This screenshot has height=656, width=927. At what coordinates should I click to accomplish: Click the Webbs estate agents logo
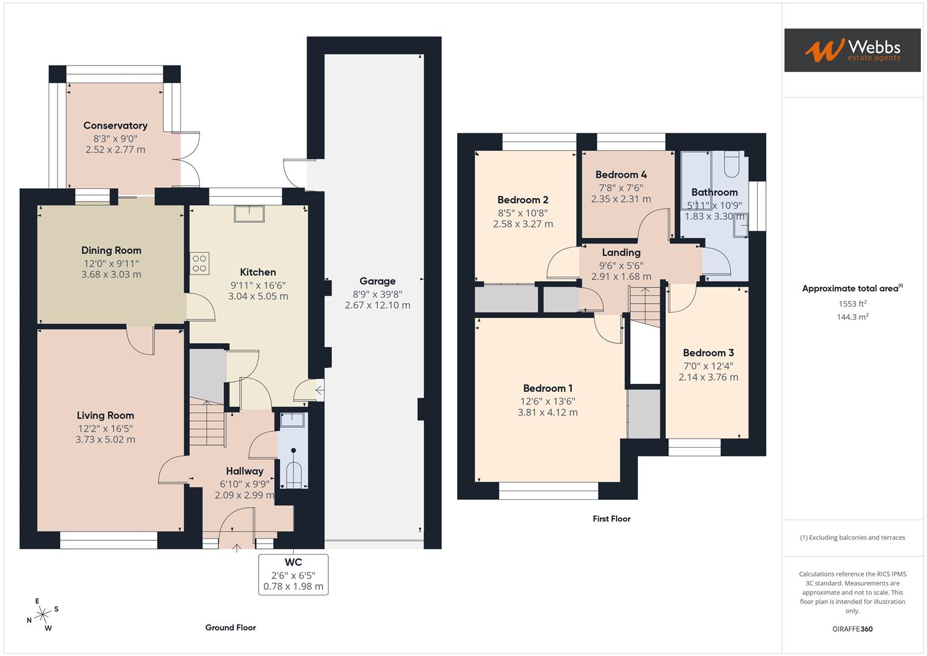(x=852, y=50)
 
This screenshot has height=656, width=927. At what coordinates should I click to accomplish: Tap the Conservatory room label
(x=115, y=126)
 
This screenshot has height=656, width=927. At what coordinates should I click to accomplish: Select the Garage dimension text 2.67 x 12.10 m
(x=377, y=306)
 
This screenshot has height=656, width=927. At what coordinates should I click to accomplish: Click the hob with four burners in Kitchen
(x=200, y=264)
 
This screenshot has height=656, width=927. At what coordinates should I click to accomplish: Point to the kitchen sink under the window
(x=250, y=214)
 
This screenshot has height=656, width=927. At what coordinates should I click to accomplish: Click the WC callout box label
(x=293, y=562)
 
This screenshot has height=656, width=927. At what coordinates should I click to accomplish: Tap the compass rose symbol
(x=42, y=615)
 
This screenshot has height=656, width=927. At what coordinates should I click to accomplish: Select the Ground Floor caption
(x=230, y=627)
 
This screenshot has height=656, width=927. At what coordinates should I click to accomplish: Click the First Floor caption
(x=611, y=519)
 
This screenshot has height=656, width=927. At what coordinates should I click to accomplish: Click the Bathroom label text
(x=714, y=193)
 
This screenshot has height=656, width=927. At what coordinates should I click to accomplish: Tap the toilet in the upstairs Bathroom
(x=732, y=165)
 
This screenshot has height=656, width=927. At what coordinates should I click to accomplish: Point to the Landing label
(x=620, y=253)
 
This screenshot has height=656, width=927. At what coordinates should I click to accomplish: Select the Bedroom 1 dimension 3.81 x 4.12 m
(x=547, y=412)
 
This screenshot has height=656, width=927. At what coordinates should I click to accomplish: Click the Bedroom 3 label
(x=708, y=353)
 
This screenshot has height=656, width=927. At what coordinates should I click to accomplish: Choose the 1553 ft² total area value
(x=852, y=304)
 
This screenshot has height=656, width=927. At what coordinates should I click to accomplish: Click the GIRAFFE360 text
(x=852, y=629)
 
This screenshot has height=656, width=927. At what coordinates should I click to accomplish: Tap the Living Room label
(x=105, y=415)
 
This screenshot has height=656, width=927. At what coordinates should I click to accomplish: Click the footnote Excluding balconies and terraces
(x=852, y=538)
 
